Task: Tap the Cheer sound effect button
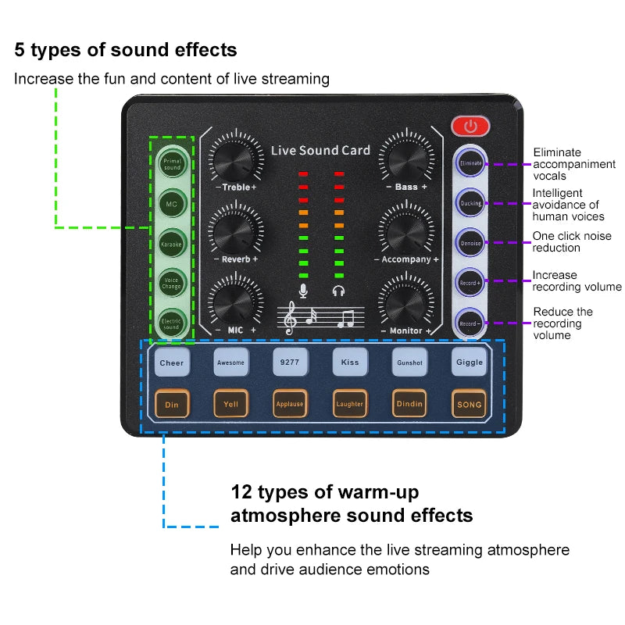pos(171,362)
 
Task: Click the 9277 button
pos(290,362)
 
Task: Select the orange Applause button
pos(290,404)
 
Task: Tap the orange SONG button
pos(470,404)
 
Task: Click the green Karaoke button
pos(171,244)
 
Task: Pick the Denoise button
pos(470,242)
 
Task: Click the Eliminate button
pos(470,163)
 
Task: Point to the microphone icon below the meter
pos(302,291)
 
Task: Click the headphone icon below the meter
pos(338,291)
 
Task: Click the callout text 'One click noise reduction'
pos(572,241)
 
